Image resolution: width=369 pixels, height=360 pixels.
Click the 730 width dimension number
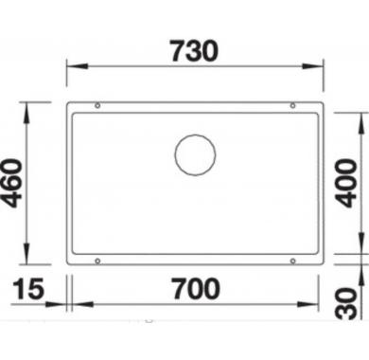click(195, 51)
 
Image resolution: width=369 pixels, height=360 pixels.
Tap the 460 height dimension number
click(12, 183)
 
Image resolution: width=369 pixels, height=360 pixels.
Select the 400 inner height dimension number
click(346, 183)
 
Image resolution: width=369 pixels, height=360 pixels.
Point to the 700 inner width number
click(196, 289)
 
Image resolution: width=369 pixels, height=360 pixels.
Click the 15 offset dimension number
click(28, 289)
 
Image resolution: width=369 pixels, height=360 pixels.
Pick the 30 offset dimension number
click(346, 303)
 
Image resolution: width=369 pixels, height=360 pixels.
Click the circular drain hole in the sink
click(196, 154)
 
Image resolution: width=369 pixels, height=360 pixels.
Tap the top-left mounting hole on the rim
click(97, 105)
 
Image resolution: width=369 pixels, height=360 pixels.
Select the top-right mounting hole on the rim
click(292, 105)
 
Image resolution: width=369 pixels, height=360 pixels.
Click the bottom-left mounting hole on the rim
click(97, 261)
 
